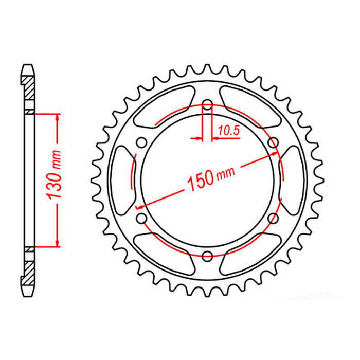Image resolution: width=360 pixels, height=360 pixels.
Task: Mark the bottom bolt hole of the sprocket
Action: coord(207,256)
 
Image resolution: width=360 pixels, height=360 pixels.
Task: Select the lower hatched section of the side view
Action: coord(29,267)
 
